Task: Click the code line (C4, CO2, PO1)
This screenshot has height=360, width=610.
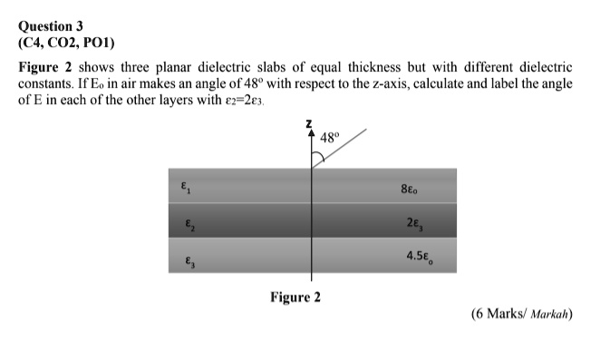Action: [x=67, y=42]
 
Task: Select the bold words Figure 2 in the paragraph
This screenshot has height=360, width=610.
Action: [x=44, y=69]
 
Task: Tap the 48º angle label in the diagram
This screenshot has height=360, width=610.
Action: [x=330, y=139]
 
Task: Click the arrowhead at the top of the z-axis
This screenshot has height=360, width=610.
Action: [x=311, y=132]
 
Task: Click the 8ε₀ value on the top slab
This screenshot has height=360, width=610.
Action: [x=411, y=189]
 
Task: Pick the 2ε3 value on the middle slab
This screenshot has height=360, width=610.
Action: [x=415, y=222]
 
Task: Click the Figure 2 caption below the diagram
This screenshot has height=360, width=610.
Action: [x=295, y=297]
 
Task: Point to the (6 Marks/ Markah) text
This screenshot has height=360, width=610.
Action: [x=524, y=315]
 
